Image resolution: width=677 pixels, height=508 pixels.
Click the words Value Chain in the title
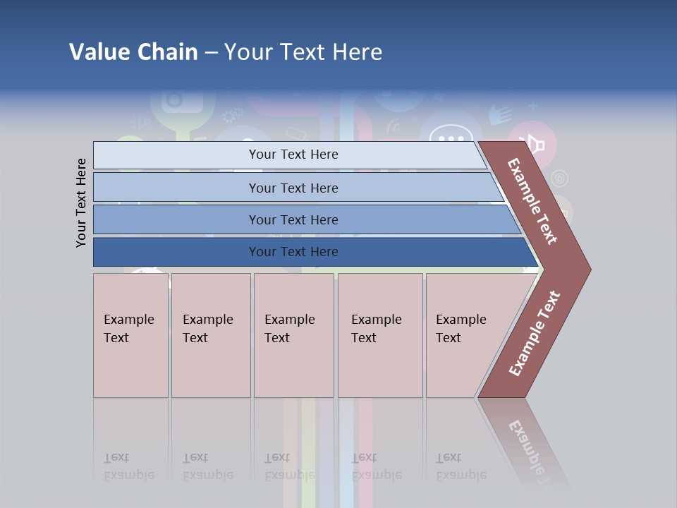click(x=133, y=52)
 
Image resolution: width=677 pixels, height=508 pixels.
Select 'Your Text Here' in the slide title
click(x=303, y=52)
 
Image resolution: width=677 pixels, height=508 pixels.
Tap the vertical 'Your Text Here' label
click(x=81, y=202)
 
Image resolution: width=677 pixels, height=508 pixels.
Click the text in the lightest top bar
click(x=293, y=155)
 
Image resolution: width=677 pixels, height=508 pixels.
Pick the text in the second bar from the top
click(x=293, y=188)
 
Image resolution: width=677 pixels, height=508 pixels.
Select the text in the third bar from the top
click(x=293, y=220)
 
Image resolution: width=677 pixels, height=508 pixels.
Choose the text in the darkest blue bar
click(x=293, y=252)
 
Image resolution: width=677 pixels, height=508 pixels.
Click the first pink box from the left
click(x=130, y=335)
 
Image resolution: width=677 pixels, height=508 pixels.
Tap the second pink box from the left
click(x=210, y=335)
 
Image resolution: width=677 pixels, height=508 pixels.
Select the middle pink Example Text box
click(x=293, y=335)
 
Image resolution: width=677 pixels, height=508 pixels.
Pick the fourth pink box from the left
click(x=379, y=335)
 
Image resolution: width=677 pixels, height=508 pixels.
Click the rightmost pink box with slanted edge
click(x=469, y=335)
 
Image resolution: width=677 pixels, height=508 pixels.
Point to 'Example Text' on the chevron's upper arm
click(x=532, y=201)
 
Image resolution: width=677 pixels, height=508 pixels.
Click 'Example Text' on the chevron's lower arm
click(x=535, y=334)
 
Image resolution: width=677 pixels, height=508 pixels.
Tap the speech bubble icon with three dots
click(x=451, y=133)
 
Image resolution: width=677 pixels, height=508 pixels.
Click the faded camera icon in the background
click(x=182, y=100)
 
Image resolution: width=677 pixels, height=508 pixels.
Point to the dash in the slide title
click(x=211, y=52)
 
